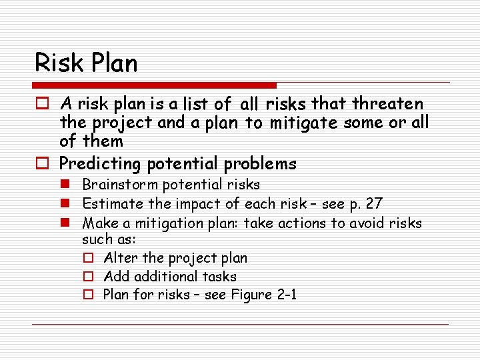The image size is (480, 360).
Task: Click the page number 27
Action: (x=373, y=203)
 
